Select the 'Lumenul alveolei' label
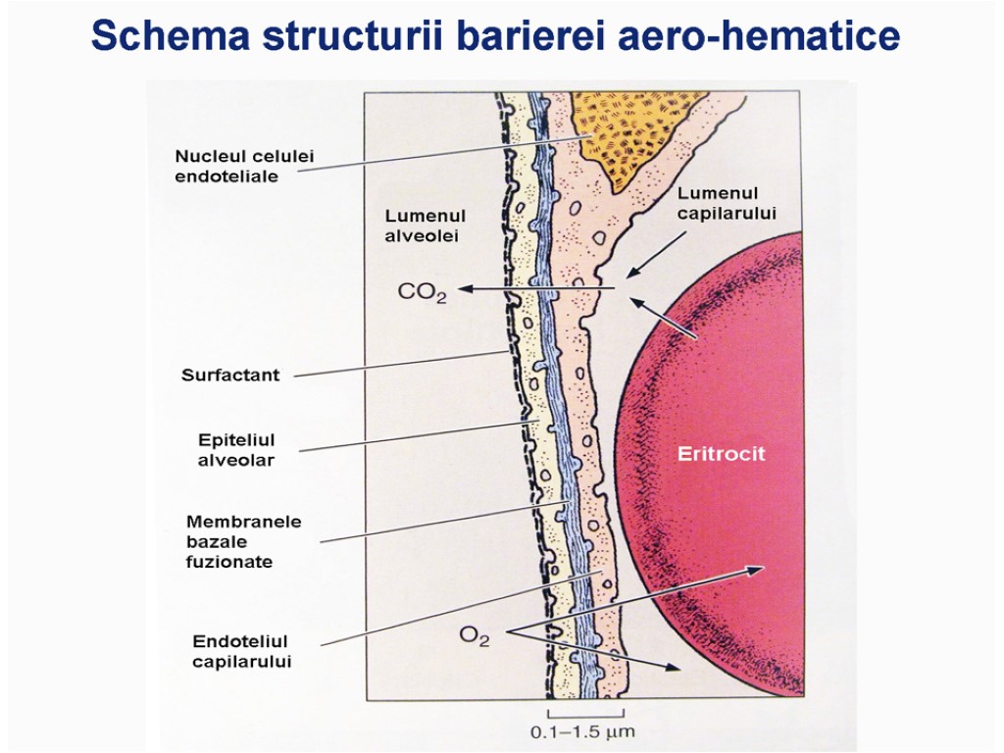(425, 226)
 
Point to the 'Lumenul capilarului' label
(727, 203)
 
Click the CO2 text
(422, 291)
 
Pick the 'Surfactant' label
(230, 375)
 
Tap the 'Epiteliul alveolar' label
(236, 450)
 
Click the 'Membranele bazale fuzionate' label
(243, 541)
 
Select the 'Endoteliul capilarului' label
(242, 651)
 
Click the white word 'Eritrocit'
(721, 453)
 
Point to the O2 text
(476, 637)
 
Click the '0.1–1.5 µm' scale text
(583, 731)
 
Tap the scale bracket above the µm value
(585, 711)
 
